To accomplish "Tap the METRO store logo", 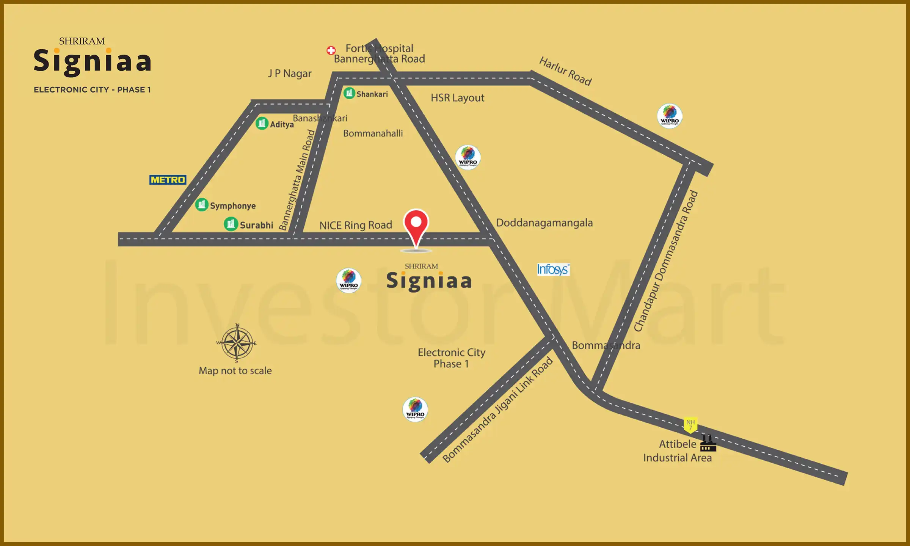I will [x=168, y=180].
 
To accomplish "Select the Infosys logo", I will [x=553, y=270].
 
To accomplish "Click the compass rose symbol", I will [x=237, y=343].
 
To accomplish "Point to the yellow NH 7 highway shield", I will [x=690, y=425].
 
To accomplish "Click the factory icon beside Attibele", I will [x=708, y=443].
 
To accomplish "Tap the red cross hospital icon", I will [x=331, y=50].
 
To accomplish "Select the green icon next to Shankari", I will [x=349, y=93].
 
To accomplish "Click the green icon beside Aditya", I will [x=262, y=123].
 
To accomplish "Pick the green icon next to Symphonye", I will [x=202, y=205].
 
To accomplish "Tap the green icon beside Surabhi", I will [x=231, y=224].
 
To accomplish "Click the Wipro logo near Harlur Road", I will [x=670, y=116].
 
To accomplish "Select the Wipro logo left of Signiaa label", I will [x=348, y=281].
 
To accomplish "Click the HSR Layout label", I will [x=457, y=98].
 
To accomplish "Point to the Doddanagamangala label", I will [x=544, y=223].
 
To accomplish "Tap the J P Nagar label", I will [x=290, y=73].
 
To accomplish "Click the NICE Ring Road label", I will [x=356, y=225].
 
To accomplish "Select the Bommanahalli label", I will [x=373, y=133].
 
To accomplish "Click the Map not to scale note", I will [x=235, y=370].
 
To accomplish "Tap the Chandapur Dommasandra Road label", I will [x=666, y=261].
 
